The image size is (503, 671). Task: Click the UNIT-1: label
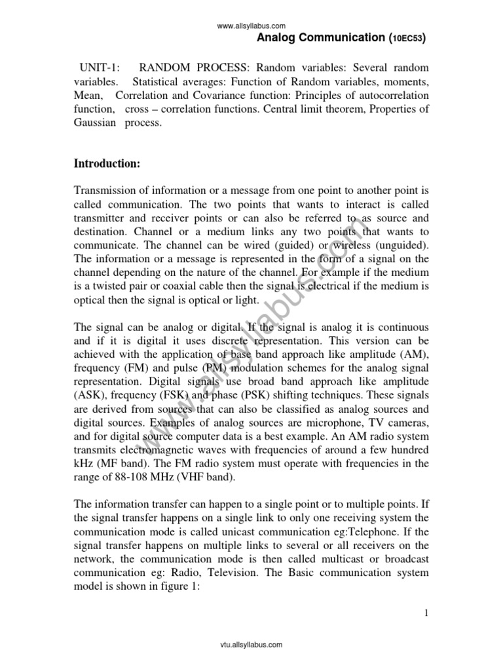[99, 68]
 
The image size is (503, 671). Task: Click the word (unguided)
[399, 244]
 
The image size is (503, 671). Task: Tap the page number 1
[426, 613]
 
